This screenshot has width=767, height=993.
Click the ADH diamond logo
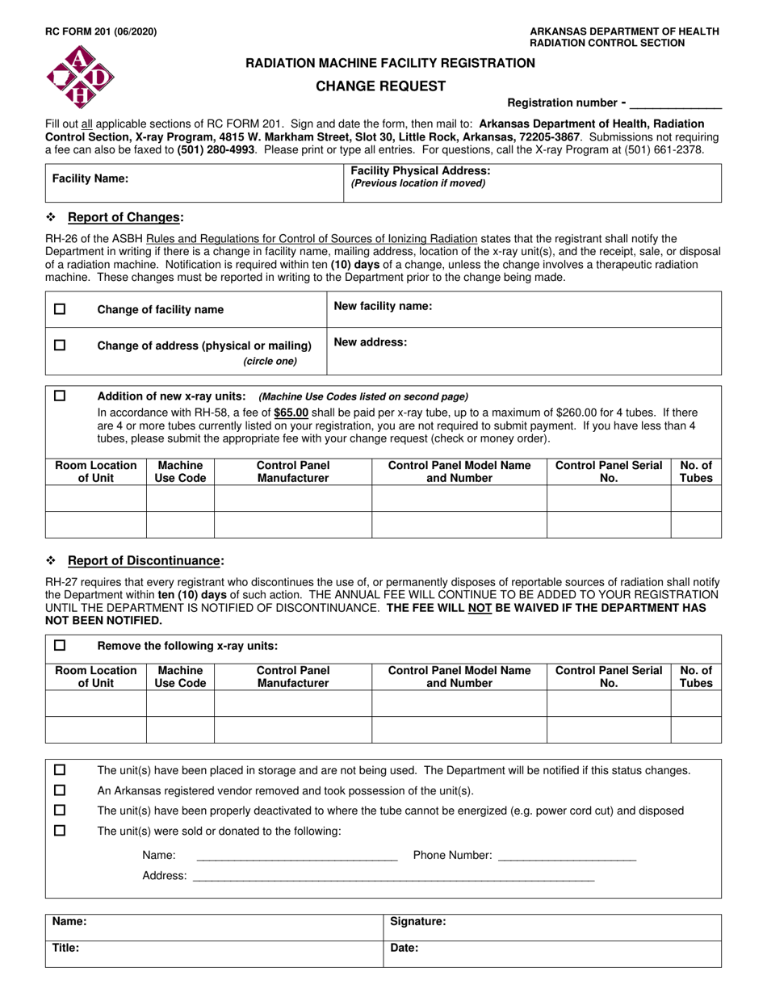tap(80, 77)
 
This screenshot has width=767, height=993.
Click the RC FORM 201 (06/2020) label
tap(90, 32)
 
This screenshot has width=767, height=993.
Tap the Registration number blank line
tap(674, 104)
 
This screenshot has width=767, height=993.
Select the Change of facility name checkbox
tap(60, 309)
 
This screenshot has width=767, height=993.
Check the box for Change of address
tap(60, 345)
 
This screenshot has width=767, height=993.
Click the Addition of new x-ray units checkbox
tap(60, 396)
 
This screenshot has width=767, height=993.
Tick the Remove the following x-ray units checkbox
tap(60, 645)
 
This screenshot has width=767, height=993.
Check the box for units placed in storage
tap(60, 770)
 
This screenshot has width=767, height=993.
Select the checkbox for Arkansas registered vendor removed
tap(60, 790)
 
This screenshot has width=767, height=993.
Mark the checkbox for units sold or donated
tap(60, 831)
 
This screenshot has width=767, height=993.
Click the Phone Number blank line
tap(567, 857)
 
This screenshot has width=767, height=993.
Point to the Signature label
tap(417, 921)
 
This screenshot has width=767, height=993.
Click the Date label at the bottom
tap(404, 949)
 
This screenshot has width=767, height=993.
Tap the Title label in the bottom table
tap(65, 949)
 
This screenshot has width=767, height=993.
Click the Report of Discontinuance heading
tap(145, 560)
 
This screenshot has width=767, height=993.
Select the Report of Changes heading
tap(125, 217)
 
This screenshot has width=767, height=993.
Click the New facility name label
tap(383, 306)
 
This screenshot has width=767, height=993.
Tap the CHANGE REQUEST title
tap(379, 86)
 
